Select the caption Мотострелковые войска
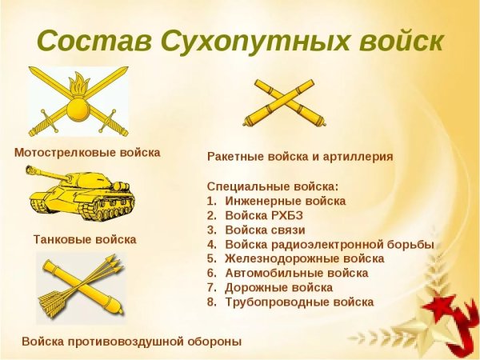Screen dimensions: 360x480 coord(87,152)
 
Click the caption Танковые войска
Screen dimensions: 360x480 coord(85,239)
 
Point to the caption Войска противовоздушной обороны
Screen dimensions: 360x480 coord(131,342)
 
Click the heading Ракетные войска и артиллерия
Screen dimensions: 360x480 coord(300,157)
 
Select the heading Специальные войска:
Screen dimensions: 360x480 coord(273,186)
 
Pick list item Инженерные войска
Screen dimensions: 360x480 coord(286,201)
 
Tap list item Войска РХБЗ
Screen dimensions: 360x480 coord(264,215)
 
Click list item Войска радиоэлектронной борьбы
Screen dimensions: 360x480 coord(330,244)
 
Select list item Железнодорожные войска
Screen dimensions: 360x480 coord(305,258)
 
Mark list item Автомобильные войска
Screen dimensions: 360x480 coord(297,273)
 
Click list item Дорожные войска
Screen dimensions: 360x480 coord(279,287)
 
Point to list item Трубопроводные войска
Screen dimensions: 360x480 coord(299,302)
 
